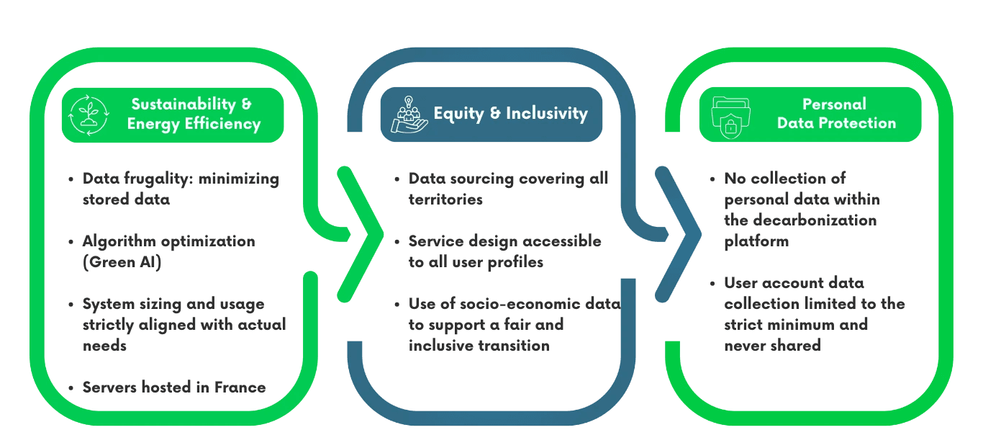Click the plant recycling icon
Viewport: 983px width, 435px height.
88,115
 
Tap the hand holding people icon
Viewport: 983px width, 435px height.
408,115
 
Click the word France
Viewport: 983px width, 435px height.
240,387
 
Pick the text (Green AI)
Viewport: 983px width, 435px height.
122,262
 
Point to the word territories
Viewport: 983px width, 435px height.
445,199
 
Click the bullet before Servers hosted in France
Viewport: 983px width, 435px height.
71,388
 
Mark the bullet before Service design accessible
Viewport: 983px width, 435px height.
397,242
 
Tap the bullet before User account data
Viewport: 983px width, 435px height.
712,284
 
